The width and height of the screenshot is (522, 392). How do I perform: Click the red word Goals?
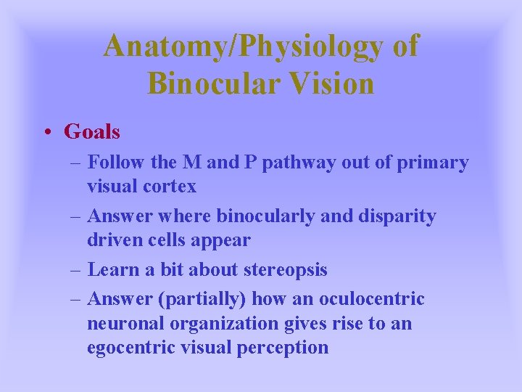click(92, 131)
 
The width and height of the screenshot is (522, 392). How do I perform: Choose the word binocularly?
click(264, 216)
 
